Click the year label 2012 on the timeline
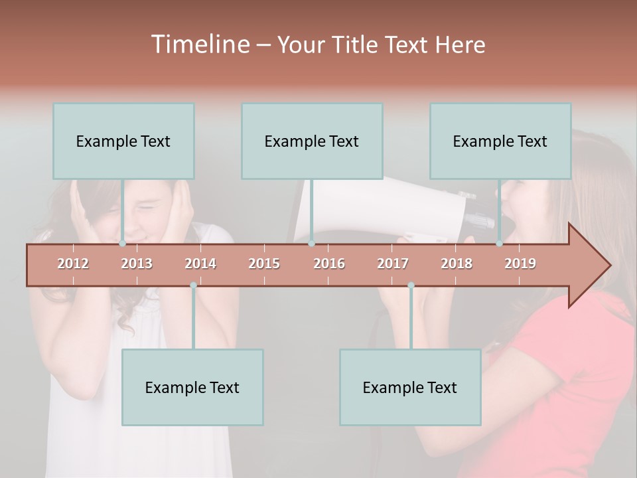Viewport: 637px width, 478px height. [x=73, y=264]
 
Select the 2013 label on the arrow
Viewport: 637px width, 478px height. [x=137, y=264]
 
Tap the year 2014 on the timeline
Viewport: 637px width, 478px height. [x=200, y=264]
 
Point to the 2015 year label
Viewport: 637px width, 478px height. [x=264, y=264]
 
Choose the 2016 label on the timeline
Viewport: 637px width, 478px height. [x=329, y=264]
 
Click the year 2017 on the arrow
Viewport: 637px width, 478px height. [x=393, y=264]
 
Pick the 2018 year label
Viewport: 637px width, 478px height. [x=457, y=264]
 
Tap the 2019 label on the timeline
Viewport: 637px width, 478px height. [x=520, y=264]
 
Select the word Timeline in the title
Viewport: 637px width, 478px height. [x=199, y=44]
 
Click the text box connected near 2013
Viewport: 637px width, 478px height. [x=123, y=141]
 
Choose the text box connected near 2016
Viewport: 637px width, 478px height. [x=312, y=141]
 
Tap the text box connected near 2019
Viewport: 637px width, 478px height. [x=500, y=141]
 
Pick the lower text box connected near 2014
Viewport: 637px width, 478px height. [x=192, y=387]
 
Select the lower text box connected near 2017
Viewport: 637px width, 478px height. [x=410, y=387]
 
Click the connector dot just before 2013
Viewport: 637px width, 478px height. [x=123, y=244]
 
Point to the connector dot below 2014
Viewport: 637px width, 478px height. [x=193, y=285]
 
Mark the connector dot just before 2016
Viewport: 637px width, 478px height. [x=311, y=244]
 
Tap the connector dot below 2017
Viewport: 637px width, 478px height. [x=411, y=285]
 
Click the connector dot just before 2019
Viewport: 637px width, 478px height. [x=500, y=244]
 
